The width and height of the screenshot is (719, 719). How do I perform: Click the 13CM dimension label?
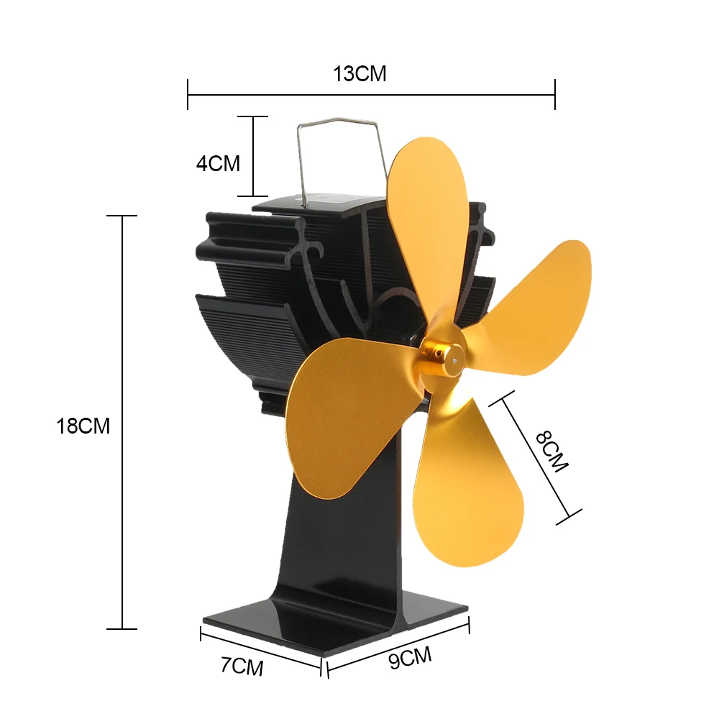359,73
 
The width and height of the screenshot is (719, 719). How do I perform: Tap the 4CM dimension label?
218,163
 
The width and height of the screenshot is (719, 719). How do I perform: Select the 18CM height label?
83,426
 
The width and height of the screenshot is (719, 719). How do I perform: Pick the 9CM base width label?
411,657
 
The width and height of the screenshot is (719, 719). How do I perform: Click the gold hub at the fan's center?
444,358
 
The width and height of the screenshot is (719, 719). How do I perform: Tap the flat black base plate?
324,626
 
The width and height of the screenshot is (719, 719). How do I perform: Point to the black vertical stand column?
338,546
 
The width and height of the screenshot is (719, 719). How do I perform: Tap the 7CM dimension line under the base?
260,650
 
